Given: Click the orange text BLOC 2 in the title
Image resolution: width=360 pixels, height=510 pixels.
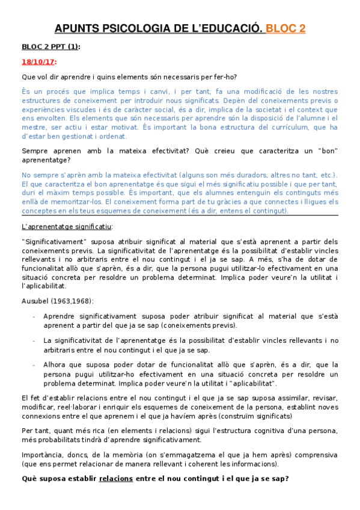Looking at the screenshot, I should coord(285,28).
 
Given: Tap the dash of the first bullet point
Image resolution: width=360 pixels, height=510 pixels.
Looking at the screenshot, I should coord(34,316).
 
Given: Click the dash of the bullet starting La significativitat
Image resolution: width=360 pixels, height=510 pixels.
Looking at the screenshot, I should coord(34,340).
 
